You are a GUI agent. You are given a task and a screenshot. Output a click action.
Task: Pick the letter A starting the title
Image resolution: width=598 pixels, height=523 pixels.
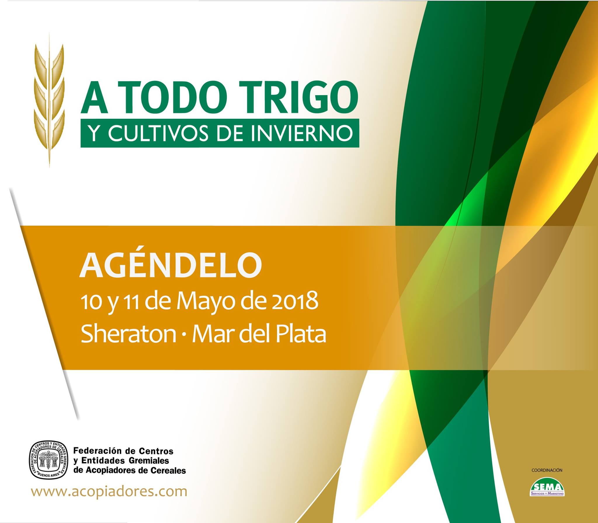pyautogui.click(x=94, y=97)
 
